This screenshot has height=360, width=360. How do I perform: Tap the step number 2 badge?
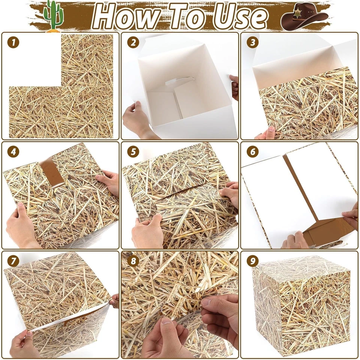pyautogui.click(x=133, y=43)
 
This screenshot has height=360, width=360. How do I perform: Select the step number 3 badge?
pyautogui.click(x=252, y=43)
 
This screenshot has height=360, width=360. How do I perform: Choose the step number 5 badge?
pyautogui.click(x=133, y=152)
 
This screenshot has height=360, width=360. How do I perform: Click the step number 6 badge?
pyautogui.click(x=252, y=152)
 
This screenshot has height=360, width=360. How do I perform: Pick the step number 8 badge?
pyautogui.click(x=133, y=261)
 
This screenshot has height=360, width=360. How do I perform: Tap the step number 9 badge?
pyautogui.click(x=252, y=261)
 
